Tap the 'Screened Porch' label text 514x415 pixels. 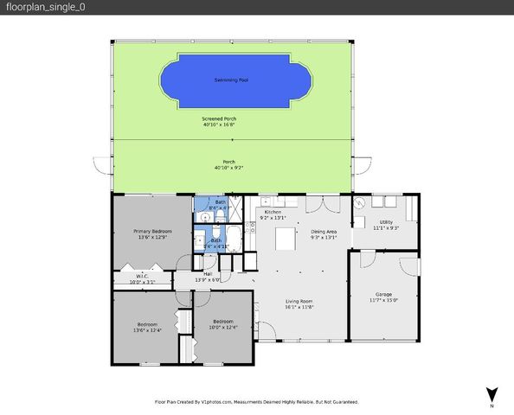pos(218,118)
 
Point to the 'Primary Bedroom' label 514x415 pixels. pos(151,231)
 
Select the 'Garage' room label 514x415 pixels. pos(383,294)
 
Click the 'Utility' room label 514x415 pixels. pos(385,222)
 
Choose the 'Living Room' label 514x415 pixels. pos(299,301)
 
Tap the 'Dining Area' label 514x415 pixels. pos(324,231)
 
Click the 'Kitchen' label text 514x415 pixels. pos(273,213)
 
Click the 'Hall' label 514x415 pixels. pos(208,274)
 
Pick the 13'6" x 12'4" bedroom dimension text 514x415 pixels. pos(147,329)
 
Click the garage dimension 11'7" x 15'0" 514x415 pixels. pos(383,300)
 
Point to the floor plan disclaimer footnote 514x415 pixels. pos(256,402)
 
